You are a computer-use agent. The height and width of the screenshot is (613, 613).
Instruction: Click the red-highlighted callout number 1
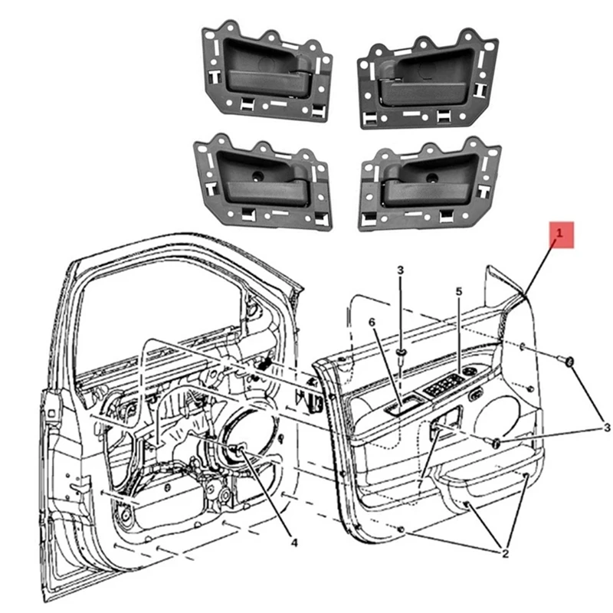(560, 233)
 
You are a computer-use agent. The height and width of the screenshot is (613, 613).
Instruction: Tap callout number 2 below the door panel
(505, 552)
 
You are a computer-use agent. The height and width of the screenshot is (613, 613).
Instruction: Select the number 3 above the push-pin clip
(400, 270)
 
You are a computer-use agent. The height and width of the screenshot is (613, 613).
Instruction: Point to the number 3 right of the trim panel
(605, 427)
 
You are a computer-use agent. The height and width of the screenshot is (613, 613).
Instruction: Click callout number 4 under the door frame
(293, 543)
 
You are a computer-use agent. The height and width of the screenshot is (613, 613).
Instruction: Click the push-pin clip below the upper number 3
(401, 352)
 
